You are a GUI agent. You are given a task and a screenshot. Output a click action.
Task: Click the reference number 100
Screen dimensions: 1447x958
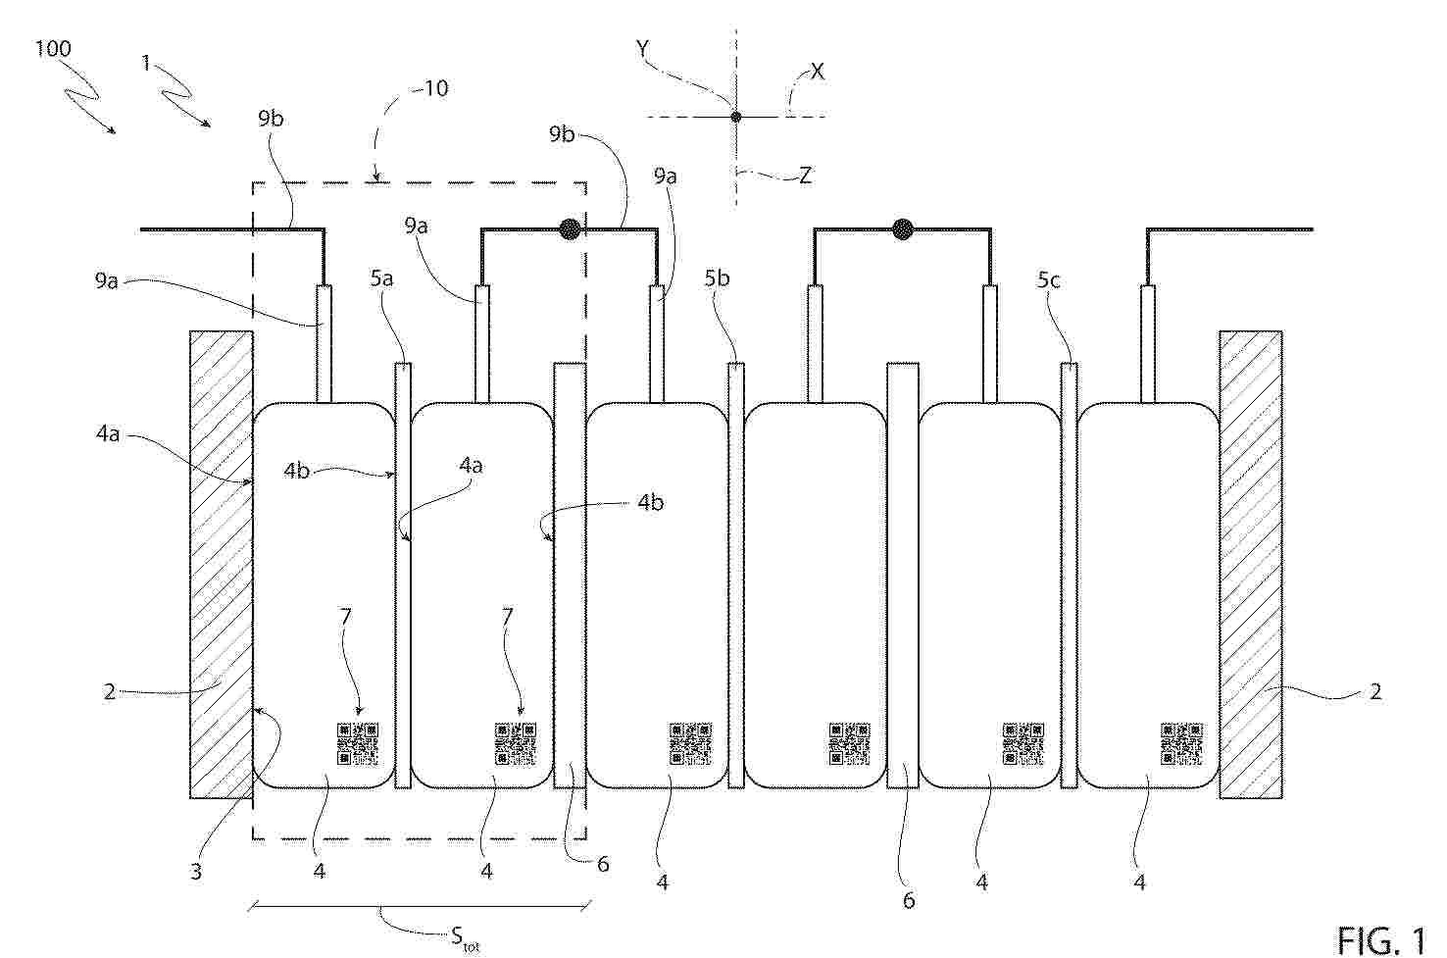(53, 49)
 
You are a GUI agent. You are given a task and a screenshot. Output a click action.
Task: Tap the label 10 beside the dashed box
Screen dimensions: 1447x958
(436, 88)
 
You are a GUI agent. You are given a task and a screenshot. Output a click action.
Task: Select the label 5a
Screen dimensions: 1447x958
(382, 279)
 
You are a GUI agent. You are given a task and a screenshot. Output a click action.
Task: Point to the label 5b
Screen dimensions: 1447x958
(717, 278)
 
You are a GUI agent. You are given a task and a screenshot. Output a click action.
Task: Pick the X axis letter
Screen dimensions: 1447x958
(818, 71)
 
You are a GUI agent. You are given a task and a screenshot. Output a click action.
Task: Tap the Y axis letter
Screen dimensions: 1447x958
(643, 48)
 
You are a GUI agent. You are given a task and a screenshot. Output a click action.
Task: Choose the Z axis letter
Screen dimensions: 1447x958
(805, 176)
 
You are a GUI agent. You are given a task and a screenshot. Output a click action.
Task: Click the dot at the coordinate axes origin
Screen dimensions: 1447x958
(736, 117)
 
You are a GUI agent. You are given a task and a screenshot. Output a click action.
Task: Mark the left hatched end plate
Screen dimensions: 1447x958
(221, 565)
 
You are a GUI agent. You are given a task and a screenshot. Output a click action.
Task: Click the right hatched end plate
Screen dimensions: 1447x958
(1251, 565)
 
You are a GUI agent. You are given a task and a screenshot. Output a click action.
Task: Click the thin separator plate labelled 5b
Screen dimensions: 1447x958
(736, 576)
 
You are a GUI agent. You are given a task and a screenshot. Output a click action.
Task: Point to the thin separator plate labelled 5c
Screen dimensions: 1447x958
(1070, 576)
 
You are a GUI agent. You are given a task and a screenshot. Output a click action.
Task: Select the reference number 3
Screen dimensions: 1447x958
(196, 872)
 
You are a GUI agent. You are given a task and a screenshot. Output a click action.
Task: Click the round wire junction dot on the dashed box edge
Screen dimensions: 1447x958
(570, 229)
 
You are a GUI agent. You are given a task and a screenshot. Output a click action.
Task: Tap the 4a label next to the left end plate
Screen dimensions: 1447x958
(108, 433)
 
